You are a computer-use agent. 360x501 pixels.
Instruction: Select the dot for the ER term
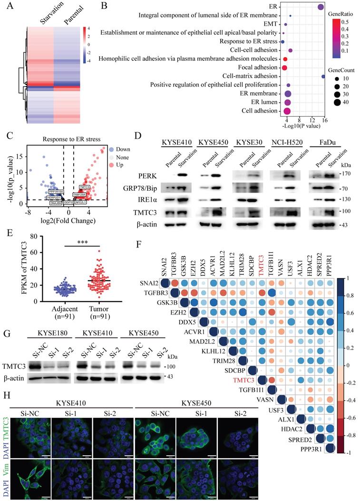321,7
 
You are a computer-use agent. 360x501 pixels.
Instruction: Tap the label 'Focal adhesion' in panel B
257,67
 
